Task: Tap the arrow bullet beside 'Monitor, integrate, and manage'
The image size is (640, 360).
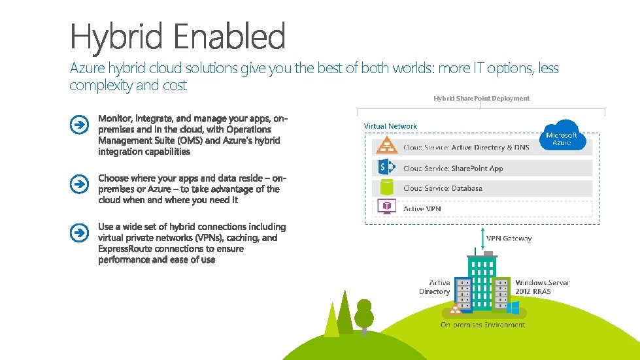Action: tap(78, 125)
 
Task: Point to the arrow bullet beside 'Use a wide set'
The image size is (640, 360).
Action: tap(78, 233)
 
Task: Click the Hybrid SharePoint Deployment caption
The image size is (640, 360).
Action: tap(481, 98)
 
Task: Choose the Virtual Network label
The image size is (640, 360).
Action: tap(390, 126)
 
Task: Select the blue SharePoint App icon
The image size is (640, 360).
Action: tap(386, 168)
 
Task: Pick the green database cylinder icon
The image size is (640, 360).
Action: tap(386, 188)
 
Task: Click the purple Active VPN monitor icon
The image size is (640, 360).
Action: tap(386, 208)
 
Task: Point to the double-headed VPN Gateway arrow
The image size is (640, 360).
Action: tap(482, 238)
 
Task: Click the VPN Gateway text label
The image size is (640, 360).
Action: tap(509, 238)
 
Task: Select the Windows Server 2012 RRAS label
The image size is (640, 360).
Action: tap(542, 287)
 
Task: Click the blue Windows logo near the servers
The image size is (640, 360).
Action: tap(513, 306)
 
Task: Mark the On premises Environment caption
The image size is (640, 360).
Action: tap(482, 325)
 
